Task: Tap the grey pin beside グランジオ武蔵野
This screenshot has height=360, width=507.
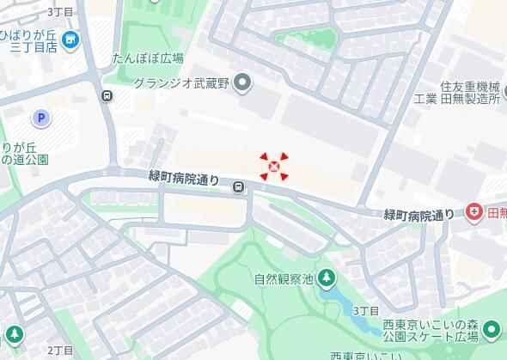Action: tap(243, 83)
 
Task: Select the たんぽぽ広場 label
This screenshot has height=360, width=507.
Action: tap(148, 58)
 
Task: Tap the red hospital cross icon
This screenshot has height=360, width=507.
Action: tap(473, 212)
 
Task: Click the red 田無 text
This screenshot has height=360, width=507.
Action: tap(496, 212)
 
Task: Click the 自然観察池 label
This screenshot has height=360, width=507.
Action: tap(282, 278)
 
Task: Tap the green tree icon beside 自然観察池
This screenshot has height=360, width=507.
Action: tap(327, 278)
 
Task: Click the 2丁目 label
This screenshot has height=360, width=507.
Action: tap(60, 350)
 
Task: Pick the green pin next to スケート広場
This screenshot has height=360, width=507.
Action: tap(491, 328)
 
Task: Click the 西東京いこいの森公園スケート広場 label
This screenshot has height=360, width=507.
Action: tap(430, 328)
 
